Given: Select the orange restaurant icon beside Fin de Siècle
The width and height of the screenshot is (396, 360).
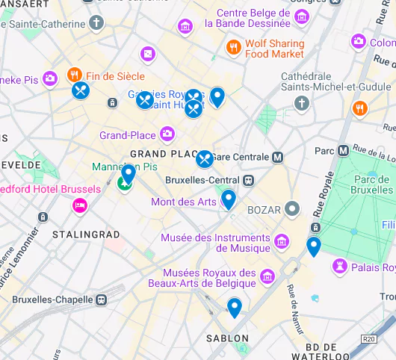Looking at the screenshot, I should tap(74, 75).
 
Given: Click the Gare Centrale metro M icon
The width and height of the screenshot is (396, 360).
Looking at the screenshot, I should tap(278, 157).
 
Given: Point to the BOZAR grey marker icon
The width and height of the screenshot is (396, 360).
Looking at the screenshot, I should tap(293, 209).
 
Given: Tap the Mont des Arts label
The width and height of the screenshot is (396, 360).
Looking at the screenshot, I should tap(183, 202).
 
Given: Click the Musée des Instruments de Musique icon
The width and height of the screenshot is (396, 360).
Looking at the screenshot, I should tap(281, 240).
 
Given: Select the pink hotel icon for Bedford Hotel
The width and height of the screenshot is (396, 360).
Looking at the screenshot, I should tap(79, 205).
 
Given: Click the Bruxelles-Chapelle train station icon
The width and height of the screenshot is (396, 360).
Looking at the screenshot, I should tap(100, 299).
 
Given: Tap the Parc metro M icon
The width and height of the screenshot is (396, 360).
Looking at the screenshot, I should tap(343, 150).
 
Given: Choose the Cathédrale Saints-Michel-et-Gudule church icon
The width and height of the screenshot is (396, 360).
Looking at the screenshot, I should tap(302, 102).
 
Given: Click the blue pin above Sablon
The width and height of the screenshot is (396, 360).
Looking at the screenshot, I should tap(235, 307).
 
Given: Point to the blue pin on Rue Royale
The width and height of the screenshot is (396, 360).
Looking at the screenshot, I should tap(314, 246).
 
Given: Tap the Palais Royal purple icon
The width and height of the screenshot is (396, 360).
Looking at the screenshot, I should tap(340, 266).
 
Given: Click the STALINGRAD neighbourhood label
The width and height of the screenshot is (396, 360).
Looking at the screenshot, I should tap(86, 235).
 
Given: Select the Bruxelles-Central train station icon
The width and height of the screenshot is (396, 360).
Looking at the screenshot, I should tap(247, 180).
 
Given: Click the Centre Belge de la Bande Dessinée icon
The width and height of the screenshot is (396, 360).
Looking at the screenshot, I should tap(185, 28).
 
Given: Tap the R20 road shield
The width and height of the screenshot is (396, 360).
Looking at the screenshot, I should tap(367, 339).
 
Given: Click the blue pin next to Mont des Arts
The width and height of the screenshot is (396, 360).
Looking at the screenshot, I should tap(228, 199).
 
